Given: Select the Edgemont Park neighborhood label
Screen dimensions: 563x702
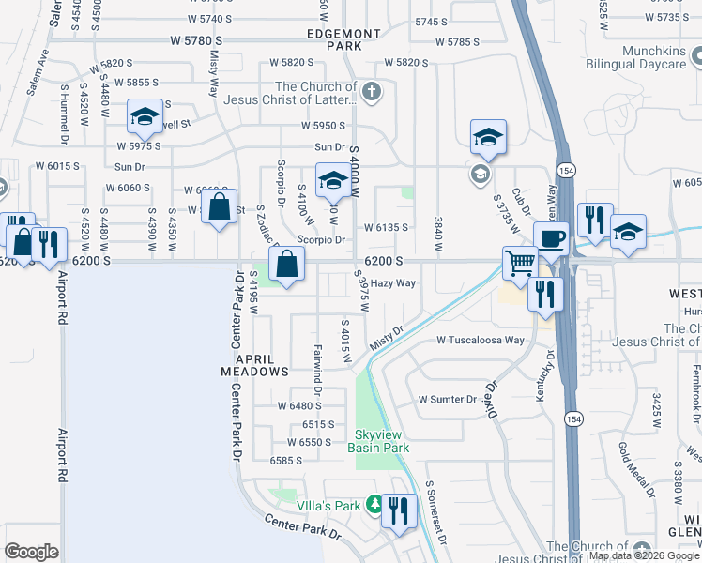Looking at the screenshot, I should pos(343,38).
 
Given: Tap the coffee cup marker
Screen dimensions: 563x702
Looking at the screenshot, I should pos(551,237).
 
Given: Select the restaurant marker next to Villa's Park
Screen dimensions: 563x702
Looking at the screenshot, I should pos(400,510).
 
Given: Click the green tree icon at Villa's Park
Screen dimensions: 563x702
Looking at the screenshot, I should pos(373,505).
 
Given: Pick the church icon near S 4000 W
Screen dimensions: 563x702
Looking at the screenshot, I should pos(372,91).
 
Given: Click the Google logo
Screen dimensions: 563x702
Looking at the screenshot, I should pos(32,552).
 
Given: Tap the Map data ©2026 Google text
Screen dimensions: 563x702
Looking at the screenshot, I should pos(644,555).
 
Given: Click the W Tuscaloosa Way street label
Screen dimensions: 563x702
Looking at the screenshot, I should pos(480,341).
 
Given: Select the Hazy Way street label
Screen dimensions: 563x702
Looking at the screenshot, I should pos(392,282).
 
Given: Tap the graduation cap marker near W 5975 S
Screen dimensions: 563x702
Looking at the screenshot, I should pos(145,116).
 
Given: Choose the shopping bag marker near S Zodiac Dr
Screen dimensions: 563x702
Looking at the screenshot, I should pos(285,264).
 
